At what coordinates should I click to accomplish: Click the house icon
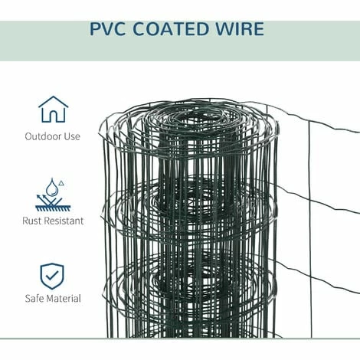pyautogui.click(x=53, y=109)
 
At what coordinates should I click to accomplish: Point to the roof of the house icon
pyautogui.click(x=53, y=100)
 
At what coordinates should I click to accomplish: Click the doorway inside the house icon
pyautogui.click(x=53, y=116)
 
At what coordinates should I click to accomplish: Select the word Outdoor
pyautogui.click(x=43, y=137)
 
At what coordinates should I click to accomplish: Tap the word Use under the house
pyautogui.click(x=72, y=137)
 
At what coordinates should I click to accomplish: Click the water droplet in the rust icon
pyautogui.click(x=51, y=188)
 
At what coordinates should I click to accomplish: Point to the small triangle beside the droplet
pyautogui.click(x=61, y=182)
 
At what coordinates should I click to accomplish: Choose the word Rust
pyautogui.click(x=34, y=221)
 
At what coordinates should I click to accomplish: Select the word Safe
pyautogui.click(x=35, y=298)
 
